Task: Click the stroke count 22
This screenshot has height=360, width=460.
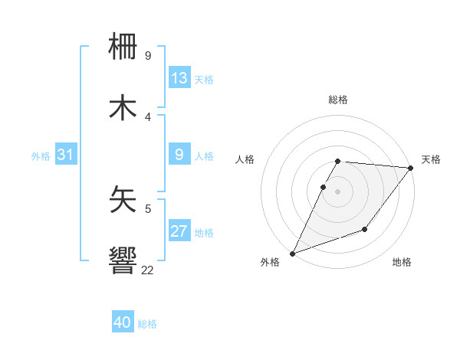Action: pos(148,270)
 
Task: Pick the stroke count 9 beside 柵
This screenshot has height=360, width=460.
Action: pos(148,56)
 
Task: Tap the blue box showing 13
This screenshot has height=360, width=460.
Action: pos(179,78)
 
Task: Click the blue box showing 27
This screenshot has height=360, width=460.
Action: pos(179,231)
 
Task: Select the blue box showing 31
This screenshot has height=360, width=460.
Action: pos(66,155)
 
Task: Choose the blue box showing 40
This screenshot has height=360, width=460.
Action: pos(123,323)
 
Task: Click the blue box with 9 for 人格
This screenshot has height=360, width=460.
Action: pos(179,155)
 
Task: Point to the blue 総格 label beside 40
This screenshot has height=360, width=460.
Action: pos(148,324)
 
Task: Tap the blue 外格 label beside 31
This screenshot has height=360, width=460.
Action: pos(41,155)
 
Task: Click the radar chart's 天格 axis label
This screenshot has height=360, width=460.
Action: pos(431,159)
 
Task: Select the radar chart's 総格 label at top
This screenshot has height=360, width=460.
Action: pos(338,100)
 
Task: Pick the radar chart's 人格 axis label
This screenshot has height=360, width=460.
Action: pos(245,159)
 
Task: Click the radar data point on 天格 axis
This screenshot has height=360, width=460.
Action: pos(411,168)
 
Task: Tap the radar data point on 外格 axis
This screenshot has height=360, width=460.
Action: pos(292,254)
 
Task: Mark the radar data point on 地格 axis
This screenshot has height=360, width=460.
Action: pos(365,229)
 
